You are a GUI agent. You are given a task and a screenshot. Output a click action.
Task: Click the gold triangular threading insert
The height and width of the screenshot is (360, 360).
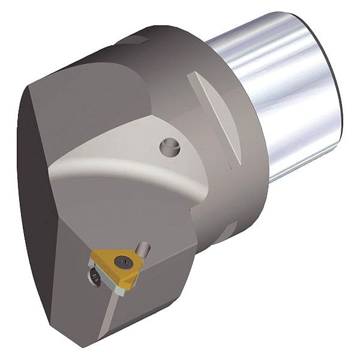112,260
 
